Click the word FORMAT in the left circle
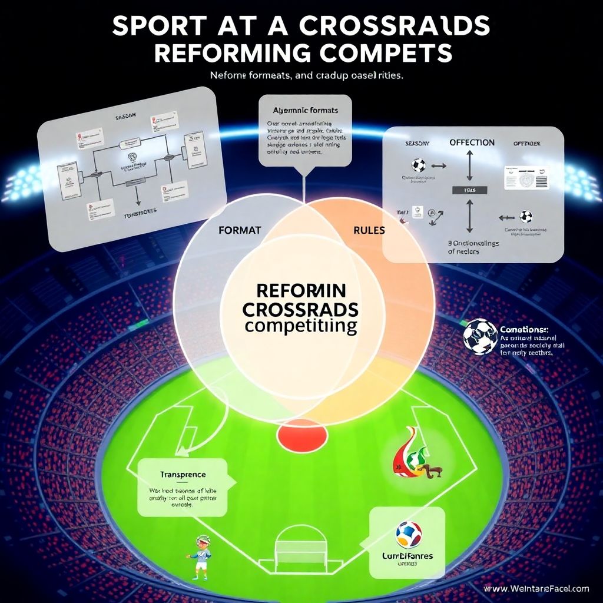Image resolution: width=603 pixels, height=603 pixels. click(x=239, y=230)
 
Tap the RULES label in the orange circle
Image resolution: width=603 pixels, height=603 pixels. click(x=369, y=230)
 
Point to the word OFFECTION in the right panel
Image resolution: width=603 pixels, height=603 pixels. click(x=472, y=143)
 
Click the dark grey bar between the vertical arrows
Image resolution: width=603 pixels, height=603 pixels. click(x=471, y=190)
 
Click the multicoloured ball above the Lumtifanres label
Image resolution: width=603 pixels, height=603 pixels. click(x=408, y=534)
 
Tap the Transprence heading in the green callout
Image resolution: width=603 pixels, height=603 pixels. click(x=183, y=474)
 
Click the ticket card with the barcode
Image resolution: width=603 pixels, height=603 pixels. click(x=526, y=177)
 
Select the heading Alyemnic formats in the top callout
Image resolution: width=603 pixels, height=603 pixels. click(x=305, y=110)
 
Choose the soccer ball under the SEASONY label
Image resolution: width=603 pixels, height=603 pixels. click(x=419, y=165)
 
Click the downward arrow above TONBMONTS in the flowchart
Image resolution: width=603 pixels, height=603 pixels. click(x=136, y=194)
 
